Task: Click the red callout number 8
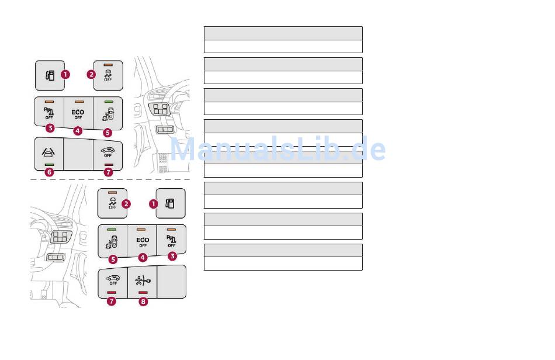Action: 143,302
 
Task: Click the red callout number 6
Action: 49,172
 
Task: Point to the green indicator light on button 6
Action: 49,165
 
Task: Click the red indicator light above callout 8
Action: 143,292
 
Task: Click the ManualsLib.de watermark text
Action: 277,150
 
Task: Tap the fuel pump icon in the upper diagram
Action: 50,75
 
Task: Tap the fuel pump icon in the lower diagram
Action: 170,203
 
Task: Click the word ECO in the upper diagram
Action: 78,112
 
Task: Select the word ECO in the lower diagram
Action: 143,240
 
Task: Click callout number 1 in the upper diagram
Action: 65,75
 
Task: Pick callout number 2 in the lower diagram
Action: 126,204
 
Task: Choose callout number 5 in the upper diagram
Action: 107,133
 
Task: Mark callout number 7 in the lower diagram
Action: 112,302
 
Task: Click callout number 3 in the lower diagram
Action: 172,256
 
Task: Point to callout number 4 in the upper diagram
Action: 78,130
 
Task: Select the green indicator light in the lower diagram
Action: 112,229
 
